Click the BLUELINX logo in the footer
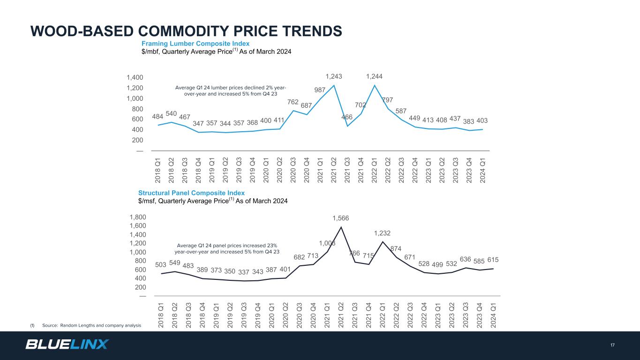(x=67, y=345)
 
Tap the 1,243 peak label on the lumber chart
(x=334, y=76)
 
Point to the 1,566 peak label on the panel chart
(x=341, y=218)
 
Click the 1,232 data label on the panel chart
(x=382, y=233)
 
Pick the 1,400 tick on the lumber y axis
(x=135, y=77)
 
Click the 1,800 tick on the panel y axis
(x=137, y=217)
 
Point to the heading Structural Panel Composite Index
(x=191, y=193)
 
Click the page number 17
(x=612, y=345)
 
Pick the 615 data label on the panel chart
(x=493, y=260)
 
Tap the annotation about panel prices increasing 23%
(x=228, y=248)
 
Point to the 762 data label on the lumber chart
(x=293, y=101)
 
